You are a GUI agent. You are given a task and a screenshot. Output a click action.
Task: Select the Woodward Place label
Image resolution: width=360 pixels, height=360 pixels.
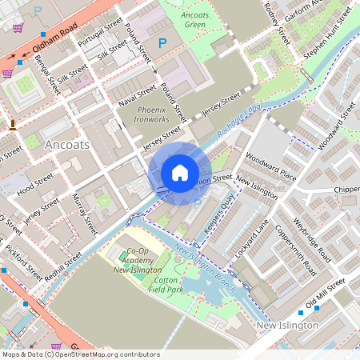click(x=271, y=168)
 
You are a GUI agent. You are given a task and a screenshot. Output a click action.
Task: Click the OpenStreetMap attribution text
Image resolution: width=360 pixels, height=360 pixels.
click(x=80, y=354)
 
